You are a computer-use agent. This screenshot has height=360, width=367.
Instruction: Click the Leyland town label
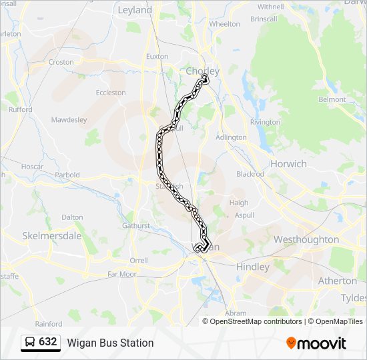134,10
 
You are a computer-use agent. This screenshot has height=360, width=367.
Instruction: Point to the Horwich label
288,163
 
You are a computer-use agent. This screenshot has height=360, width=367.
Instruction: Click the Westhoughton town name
306,239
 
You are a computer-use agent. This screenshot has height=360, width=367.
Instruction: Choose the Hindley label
253,267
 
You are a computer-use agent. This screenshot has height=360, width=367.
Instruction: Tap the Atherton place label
337,281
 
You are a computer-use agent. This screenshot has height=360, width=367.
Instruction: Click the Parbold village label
67,175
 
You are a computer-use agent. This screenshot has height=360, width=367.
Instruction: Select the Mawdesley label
69,120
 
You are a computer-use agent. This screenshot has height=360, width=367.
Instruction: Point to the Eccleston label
111,93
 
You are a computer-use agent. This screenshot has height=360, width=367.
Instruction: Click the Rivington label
265,122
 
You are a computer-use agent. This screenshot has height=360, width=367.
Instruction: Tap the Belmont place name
332,99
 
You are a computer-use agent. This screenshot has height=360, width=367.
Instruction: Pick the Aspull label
244,216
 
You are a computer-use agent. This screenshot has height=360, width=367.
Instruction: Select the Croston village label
61,62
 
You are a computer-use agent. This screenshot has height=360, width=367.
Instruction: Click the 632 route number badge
40,343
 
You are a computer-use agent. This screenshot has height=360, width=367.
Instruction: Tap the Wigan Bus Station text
110,343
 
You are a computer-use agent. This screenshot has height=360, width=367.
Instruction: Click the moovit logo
316,343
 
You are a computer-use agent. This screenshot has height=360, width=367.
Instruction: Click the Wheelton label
224,23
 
